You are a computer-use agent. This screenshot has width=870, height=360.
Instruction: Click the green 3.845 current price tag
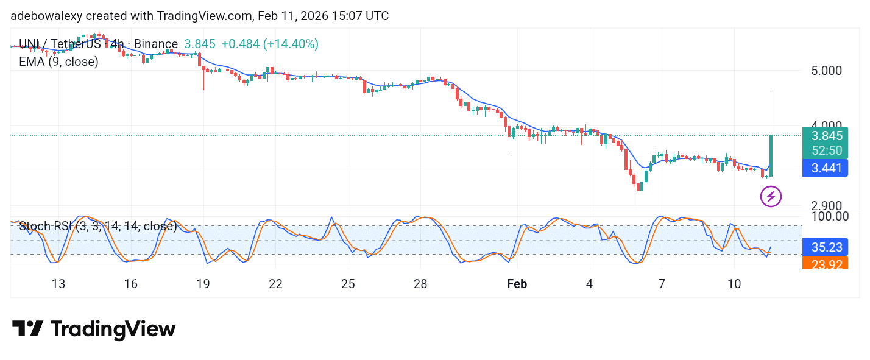click(825, 136)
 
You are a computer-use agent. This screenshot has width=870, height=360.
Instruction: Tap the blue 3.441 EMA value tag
click(825, 168)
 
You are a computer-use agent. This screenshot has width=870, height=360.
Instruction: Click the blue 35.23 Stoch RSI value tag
click(825, 247)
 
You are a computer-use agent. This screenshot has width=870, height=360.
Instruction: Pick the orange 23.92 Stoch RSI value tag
click(825, 263)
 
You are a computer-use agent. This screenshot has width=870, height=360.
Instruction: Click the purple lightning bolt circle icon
click(771, 196)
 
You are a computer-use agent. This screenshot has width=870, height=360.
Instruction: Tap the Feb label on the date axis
click(517, 284)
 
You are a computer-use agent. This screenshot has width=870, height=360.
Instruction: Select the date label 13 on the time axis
click(58, 284)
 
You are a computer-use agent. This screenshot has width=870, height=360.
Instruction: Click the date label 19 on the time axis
click(203, 284)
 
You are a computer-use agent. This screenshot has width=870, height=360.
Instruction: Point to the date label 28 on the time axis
click(420, 284)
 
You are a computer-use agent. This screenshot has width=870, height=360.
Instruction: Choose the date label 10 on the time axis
click(734, 284)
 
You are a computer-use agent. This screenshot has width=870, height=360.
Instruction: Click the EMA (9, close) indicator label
click(58, 62)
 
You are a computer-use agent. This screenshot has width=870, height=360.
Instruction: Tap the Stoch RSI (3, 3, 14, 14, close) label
click(97, 227)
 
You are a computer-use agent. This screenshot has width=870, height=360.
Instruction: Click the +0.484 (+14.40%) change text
click(269, 44)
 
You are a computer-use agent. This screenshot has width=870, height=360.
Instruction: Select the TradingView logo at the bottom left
click(94, 330)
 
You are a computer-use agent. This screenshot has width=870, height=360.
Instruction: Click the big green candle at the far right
click(771, 156)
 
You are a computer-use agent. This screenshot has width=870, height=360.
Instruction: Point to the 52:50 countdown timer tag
click(825, 150)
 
